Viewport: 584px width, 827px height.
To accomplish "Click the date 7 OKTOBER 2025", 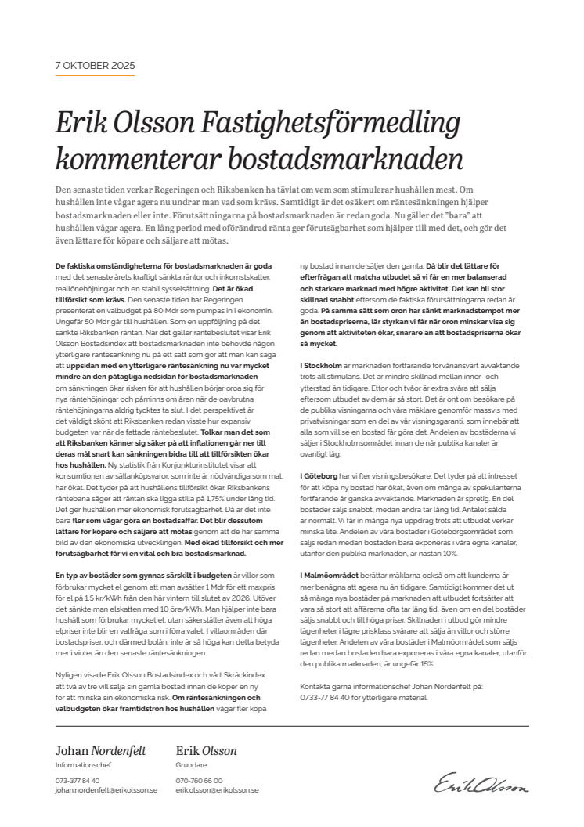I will (95, 65).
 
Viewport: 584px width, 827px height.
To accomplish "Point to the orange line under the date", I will (95, 76).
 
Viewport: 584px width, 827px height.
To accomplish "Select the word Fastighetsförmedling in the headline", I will (329, 123).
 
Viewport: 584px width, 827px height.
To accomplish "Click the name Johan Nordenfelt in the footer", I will (100, 750).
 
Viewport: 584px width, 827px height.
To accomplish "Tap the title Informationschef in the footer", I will (81, 764).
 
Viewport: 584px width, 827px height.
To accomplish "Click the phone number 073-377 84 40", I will (78, 781).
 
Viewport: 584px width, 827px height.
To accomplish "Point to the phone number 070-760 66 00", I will (200, 781).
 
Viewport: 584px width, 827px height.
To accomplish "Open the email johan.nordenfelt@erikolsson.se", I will (106, 790).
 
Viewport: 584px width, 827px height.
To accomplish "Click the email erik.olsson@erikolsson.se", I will (218, 790).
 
